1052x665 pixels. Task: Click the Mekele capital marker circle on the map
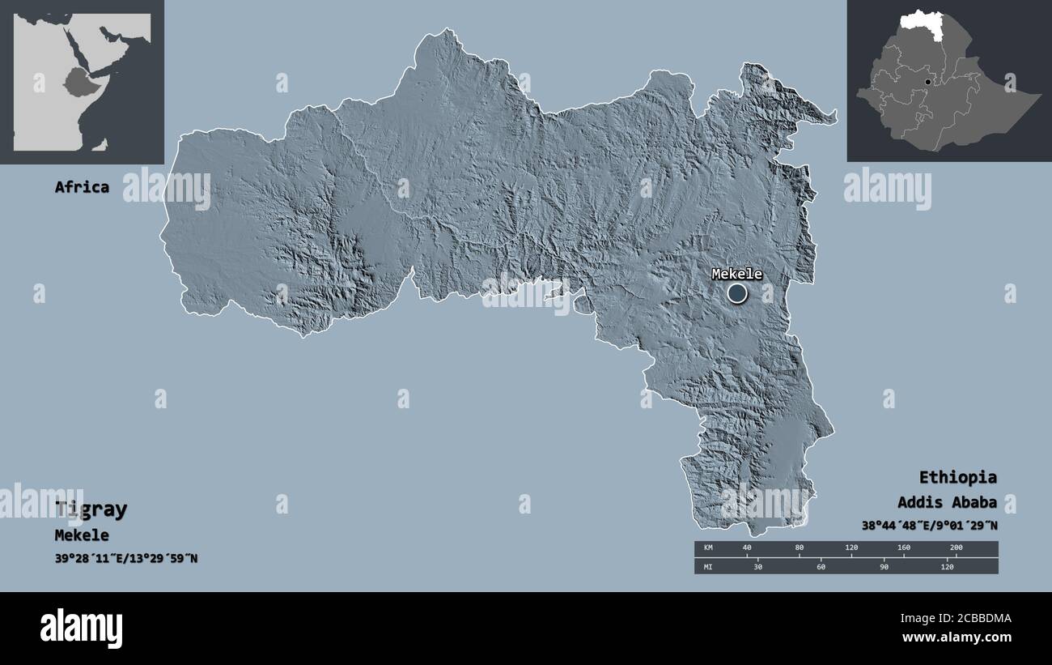coord(736,292)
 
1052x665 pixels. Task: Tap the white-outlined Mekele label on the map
coord(736,274)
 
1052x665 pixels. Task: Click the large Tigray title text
coord(91,509)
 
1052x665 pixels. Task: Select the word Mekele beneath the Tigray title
coord(82,535)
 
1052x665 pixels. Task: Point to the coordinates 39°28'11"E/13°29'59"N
coord(125,559)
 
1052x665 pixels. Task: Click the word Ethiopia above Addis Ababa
coord(957,477)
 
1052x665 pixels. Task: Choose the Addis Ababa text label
coord(947,502)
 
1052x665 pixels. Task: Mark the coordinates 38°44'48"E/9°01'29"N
coord(929,526)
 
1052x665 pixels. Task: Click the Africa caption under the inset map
coord(82,187)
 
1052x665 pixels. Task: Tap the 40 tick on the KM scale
coord(746,548)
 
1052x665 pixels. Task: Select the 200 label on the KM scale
coord(956,548)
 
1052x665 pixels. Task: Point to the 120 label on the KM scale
coord(851,548)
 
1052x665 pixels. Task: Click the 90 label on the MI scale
coord(884,567)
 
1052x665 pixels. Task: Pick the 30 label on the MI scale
coord(758,567)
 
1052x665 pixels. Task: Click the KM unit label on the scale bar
coord(708,548)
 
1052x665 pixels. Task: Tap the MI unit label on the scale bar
coord(708,567)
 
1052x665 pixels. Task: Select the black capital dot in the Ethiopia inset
coord(928,82)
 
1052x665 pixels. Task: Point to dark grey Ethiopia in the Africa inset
coord(81,81)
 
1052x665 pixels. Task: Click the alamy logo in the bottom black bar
coord(81,629)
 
